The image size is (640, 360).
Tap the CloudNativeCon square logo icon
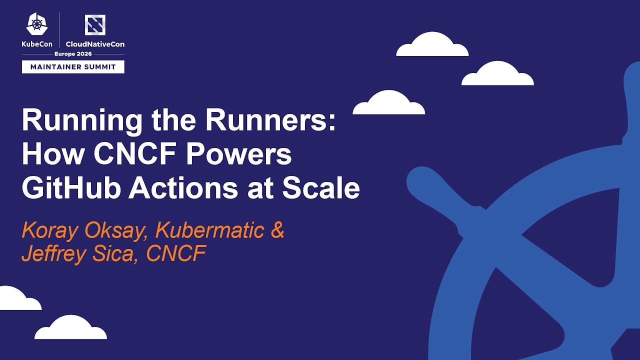point(95,25)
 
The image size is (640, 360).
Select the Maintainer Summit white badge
point(73,66)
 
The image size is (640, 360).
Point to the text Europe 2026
point(73,54)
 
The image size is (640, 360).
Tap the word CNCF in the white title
point(135,155)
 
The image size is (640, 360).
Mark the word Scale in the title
point(321,188)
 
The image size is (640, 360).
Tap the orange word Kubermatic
point(209,230)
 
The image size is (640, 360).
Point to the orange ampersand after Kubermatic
point(277,230)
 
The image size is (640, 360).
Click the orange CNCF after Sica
point(176,254)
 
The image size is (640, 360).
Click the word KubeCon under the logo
point(36,44)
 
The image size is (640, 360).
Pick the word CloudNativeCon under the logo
point(95,44)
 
